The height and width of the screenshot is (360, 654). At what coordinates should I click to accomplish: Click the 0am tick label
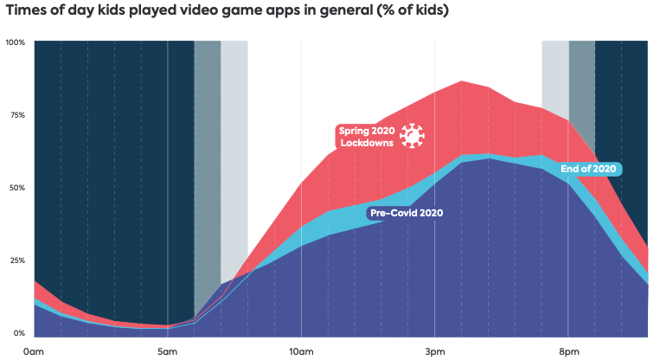pos(34,351)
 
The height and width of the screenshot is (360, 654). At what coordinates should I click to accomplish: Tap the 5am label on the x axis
pos(168,351)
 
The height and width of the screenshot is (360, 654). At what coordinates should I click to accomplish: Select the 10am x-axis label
pos(300,351)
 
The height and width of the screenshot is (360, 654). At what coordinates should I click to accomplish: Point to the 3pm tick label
pos(435,351)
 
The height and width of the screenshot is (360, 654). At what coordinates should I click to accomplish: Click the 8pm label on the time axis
pos(568,351)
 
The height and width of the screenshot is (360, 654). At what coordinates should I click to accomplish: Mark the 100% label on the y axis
pos(16,42)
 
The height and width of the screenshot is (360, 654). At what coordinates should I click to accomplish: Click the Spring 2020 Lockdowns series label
pos(366,137)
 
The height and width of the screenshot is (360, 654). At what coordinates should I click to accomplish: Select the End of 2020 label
pos(588,168)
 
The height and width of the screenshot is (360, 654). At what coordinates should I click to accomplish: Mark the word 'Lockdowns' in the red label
pos(368,143)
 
